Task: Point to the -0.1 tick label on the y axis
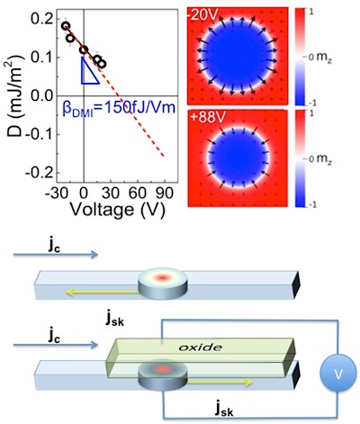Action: pos(39,134)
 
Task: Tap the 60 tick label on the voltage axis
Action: pos(138,194)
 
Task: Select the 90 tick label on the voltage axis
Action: pos(165,194)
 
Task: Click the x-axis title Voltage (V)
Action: pos(117,210)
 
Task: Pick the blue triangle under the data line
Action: pos(90,70)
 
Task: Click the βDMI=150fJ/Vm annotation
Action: pos(119,107)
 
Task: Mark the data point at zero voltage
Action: pos(84,50)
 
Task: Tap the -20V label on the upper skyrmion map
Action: pos(202,15)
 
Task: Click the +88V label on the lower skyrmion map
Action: pos(207,117)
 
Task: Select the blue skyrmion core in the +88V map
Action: pos(239,158)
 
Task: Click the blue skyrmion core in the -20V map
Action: pos(238,56)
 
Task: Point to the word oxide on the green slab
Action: pos(200,347)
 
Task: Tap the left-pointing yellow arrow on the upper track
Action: pos(103,291)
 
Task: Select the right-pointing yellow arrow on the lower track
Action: pos(220,382)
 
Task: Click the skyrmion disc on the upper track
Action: pos(163,284)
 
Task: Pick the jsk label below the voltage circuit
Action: pos(224,410)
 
